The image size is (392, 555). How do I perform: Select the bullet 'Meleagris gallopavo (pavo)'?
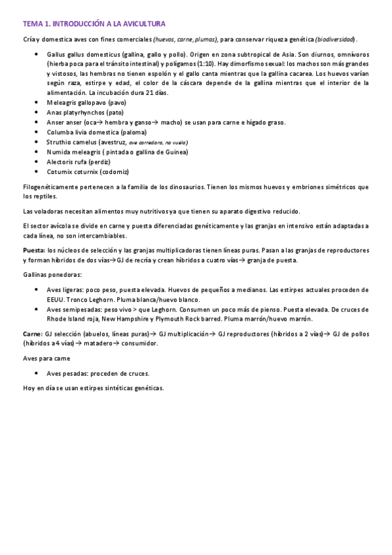[x=86, y=103]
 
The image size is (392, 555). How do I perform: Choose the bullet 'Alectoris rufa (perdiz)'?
[x=79, y=162]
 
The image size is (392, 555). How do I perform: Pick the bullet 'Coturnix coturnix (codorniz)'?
[x=88, y=171]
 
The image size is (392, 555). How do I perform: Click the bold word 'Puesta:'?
[x=34, y=251]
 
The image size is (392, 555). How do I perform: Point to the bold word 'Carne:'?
[x=33, y=333]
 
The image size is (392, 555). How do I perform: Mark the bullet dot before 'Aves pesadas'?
[x=36, y=374]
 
